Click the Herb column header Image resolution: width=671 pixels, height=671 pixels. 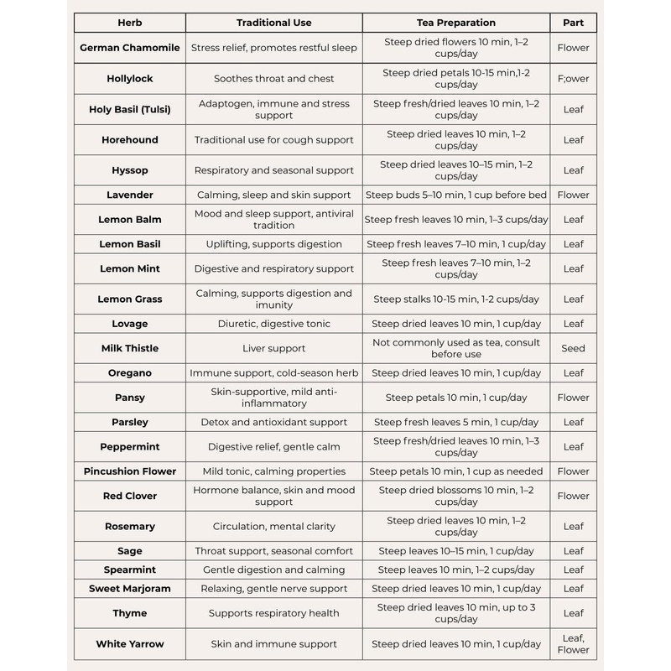point(129,23)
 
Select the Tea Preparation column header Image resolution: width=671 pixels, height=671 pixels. point(456,23)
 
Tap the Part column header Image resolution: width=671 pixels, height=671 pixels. point(573,23)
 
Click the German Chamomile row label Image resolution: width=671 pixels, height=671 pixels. point(129,48)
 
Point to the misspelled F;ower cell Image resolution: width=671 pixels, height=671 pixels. point(573,79)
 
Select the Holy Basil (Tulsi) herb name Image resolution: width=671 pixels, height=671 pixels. point(129,109)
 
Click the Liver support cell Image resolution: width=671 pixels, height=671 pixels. point(273,348)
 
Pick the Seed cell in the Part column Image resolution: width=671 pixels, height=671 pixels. point(573,348)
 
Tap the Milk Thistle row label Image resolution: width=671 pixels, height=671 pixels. point(129,348)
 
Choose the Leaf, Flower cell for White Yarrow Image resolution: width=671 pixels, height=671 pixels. point(573,643)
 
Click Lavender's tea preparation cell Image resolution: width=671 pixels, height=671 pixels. point(456,195)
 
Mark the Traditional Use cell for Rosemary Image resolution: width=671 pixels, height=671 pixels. point(273,527)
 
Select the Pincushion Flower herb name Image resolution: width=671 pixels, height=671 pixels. point(129,471)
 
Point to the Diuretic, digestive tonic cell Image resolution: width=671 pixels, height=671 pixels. point(273,324)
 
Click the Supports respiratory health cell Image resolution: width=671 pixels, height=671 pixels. point(273,613)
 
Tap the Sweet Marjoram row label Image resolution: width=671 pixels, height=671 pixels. point(129,589)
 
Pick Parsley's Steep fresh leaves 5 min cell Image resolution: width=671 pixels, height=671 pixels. point(456,422)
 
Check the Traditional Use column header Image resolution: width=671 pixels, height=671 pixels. point(273,23)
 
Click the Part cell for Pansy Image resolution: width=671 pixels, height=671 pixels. point(573,398)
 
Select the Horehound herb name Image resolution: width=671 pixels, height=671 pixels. point(129,140)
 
